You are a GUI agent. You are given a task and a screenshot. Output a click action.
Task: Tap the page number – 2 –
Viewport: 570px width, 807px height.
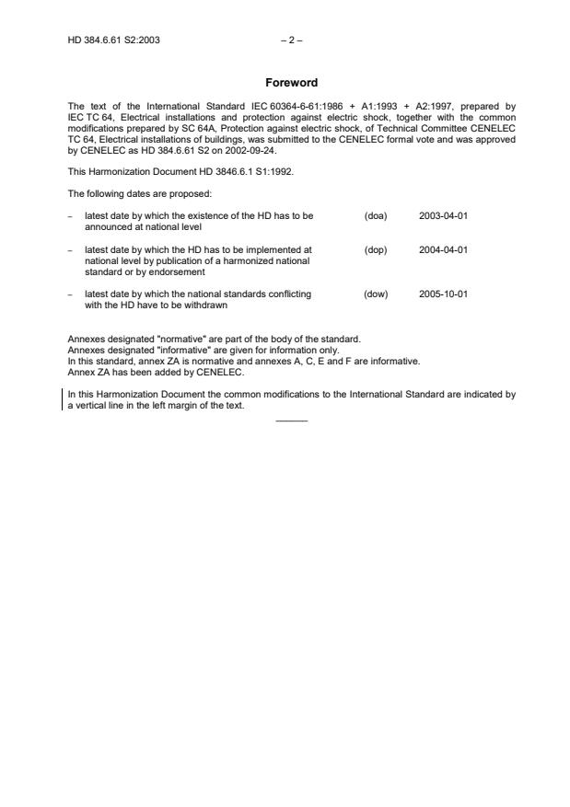pyautogui.click(x=291, y=40)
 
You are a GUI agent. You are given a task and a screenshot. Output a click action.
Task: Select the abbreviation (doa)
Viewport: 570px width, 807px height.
pyautogui.click(x=376, y=215)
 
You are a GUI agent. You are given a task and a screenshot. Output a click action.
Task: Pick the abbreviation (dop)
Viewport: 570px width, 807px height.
pyautogui.click(x=376, y=249)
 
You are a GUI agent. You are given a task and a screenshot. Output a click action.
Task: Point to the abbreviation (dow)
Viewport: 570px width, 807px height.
pyautogui.click(x=376, y=294)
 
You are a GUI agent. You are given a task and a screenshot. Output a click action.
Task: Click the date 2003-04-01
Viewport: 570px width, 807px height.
pyautogui.click(x=444, y=215)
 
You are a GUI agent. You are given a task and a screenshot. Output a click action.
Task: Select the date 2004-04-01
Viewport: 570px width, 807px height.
pyautogui.click(x=444, y=249)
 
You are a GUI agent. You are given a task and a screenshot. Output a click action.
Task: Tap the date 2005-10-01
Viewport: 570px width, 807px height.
pyautogui.click(x=444, y=294)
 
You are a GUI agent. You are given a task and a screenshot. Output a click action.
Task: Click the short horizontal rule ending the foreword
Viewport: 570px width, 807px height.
pyautogui.click(x=291, y=421)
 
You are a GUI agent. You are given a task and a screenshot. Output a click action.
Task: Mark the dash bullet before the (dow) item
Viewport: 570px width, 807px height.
pyautogui.click(x=71, y=294)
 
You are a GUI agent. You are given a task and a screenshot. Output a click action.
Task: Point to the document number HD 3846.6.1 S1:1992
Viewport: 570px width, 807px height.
pyautogui.click(x=229, y=172)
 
